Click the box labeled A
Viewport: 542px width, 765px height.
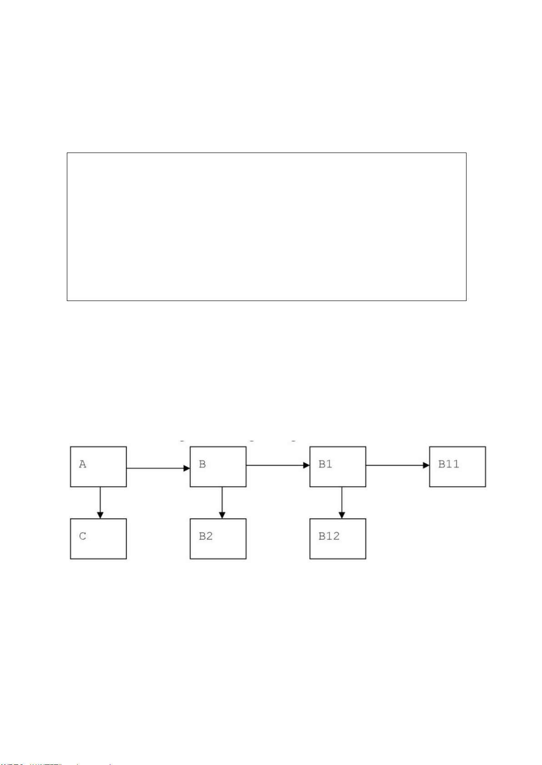[98, 467]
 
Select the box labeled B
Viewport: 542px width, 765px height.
[218, 467]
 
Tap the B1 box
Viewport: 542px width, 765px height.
[337, 467]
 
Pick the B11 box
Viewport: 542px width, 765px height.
[457, 467]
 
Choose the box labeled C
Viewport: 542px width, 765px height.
[98, 539]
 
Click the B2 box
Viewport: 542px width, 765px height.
[218, 539]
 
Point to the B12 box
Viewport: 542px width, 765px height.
[337, 539]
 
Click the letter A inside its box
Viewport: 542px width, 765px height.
[82, 464]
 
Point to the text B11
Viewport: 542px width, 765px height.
[448, 464]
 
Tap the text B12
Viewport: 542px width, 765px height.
[329, 536]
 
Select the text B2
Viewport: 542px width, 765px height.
[206, 536]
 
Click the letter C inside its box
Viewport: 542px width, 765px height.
[82, 536]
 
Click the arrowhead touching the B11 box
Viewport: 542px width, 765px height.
[426, 465]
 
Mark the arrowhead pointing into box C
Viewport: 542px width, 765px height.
[100, 515]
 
